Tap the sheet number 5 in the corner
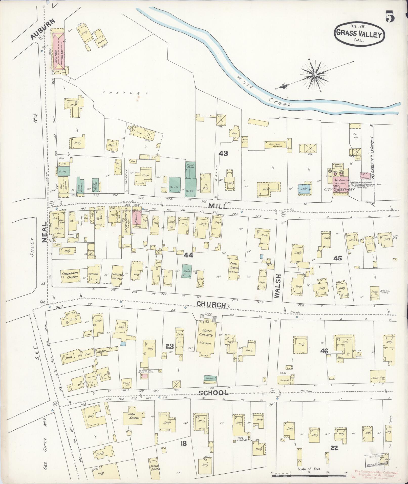click(x=390, y=17)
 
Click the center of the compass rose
click(x=315, y=75)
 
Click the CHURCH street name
click(x=211, y=304)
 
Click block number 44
click(x=188, y=255)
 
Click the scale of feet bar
click(x=310, y=476)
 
